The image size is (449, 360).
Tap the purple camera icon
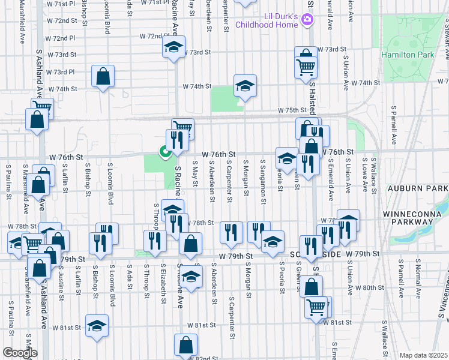tap(307, 20)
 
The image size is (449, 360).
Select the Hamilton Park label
tap(408, 55)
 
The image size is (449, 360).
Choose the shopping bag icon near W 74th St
tap(103, 76)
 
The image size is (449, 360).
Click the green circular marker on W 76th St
tap(163, 152)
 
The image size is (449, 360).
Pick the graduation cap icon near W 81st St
tap(97, 326)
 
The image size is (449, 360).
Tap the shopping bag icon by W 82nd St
tap(185, 345)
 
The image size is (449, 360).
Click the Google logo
tap(19, 353)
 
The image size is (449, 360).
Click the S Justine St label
tap(61, 280)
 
